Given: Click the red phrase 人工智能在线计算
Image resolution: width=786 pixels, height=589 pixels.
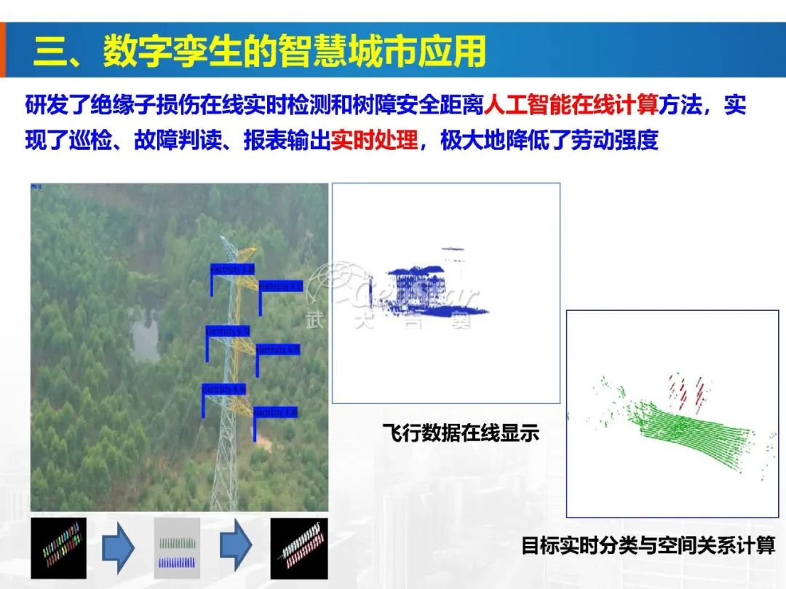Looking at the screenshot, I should (x=571, y=106).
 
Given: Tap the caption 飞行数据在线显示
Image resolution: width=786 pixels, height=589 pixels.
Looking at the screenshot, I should (x=461, y=433).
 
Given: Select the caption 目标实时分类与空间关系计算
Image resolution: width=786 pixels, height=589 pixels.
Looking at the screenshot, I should (x=648, y=545).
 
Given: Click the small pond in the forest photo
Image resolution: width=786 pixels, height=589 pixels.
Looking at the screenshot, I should (x=146, y=334).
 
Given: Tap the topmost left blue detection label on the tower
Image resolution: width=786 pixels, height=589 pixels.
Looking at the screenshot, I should (x=232, y=269).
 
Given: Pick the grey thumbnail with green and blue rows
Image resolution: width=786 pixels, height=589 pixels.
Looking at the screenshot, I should (x=177, y=548).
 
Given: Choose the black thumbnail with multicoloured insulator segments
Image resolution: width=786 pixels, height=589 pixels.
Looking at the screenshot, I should (x=58, y=548).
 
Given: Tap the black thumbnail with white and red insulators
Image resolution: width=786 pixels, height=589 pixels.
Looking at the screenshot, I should (x=298, y=548).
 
